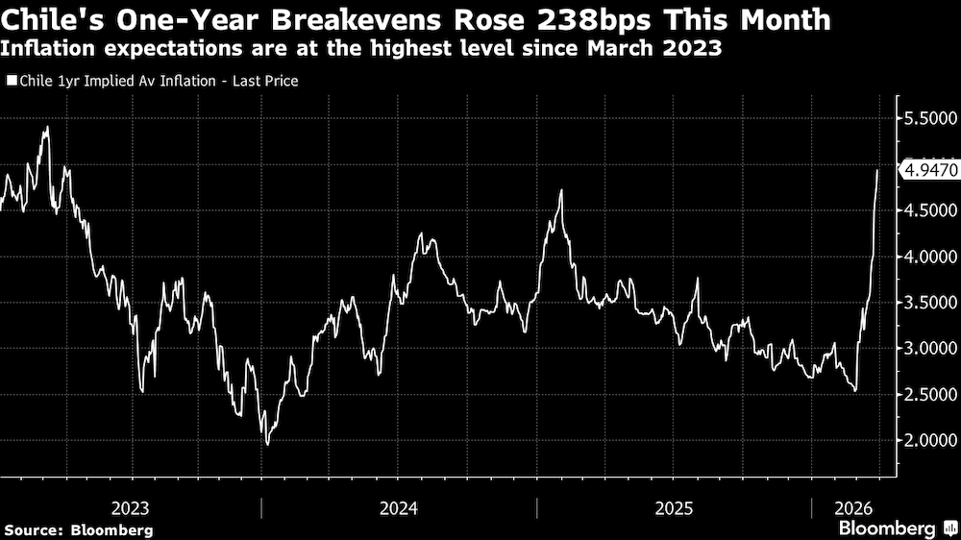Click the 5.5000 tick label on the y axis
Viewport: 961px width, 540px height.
(x=929, y=118)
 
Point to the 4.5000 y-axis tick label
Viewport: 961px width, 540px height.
(x=929, y=210)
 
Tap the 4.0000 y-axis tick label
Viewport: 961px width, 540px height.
(x=929, y=257)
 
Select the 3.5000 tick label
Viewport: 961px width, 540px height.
(x=929, y=303)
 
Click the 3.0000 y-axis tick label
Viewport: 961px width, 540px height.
(x=929, y=348)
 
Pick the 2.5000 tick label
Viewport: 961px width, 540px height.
(x=929, y=394)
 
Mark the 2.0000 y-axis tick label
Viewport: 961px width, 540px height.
(x=929, y=440)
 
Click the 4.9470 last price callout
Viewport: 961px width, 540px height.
(x=929, y=170)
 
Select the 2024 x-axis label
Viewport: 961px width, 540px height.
(x=399, y=506)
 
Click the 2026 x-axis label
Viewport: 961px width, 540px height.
(x=851, y=506)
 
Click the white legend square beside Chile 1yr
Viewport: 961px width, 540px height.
(x=11, y=82)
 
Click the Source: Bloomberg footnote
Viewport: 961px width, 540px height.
(x=79, y=529)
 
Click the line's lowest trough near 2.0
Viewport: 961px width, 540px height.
(x=267, y=443)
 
